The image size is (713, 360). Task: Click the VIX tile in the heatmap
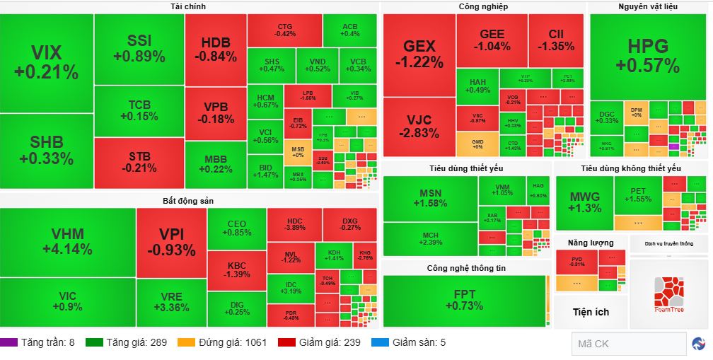(x=47, y=62)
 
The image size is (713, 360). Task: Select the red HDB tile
(x=215, y=49)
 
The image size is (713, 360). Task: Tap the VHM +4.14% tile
(x=67, y=242)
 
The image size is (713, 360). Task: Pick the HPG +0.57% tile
(x=647, y=56)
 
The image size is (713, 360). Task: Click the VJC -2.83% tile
(x=419, y=127)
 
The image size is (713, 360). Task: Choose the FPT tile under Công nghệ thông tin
(x=464, y=300)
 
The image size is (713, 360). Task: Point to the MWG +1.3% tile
(x=584, y=202)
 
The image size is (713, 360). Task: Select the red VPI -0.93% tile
(x=171, y=242)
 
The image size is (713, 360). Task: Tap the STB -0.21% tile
(x=139, y=162)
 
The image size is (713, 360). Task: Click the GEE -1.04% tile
(x=492, y=40)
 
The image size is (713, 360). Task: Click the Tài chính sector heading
(x=188, y=7)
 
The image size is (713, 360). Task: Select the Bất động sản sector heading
(x=188, y=201)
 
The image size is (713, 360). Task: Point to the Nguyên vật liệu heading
(x=649, y=7)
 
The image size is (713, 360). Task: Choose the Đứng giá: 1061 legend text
(x=232, y=343)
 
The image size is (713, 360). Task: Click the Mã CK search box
(x=627, y=344)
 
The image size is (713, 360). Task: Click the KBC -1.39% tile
(x=236, y=269)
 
